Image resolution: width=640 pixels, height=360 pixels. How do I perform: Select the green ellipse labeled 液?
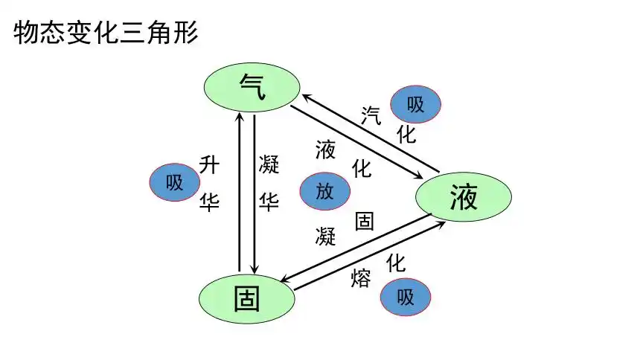463,198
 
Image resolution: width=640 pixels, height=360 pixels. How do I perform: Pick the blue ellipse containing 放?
324,191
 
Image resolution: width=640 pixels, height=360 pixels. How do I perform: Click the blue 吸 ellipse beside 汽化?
415,105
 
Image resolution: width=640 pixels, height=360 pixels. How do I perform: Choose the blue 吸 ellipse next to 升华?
175,182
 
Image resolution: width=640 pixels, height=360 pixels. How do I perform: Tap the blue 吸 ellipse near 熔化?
406,298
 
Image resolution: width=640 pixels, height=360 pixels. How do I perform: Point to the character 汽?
371,115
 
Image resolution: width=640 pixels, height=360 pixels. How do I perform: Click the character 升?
209,164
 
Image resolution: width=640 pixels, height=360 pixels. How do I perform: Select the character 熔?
360,279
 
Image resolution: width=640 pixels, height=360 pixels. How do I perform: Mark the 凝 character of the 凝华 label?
269,164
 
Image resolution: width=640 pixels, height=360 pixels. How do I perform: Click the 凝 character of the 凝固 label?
325,237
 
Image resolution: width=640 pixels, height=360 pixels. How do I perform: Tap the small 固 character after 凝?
364,221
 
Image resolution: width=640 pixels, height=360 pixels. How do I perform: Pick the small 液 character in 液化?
325,150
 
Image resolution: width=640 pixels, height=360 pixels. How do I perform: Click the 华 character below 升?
209,202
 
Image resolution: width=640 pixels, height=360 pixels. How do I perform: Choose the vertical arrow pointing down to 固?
255,193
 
